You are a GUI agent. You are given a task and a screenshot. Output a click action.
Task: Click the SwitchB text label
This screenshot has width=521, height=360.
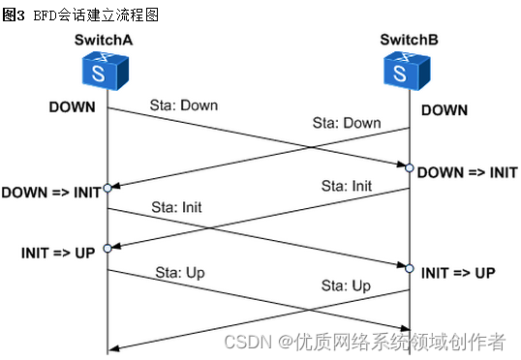pyautogui.click(x=409, y=42)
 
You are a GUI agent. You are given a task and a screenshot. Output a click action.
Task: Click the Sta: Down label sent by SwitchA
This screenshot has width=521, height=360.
pyautogui.click(x=184, y=105)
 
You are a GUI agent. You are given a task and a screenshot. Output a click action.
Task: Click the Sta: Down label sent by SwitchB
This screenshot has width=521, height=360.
pyautogui.click(x=346, y=123)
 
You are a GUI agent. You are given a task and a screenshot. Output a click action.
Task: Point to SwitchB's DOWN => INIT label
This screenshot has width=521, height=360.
pyautogui.click(x=467, y=172)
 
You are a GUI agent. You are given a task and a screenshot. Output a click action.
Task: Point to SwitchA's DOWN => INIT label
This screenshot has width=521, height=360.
pyautogui.click(x=50, y=192)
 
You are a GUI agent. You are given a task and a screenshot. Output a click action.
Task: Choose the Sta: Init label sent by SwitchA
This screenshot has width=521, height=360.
pyautogui.click(x=177, y=207)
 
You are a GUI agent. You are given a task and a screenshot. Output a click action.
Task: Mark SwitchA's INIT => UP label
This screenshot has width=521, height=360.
pyautogui.click(x=58, y=253)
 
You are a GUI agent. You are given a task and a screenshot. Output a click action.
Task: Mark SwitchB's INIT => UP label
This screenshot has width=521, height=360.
pyautogui.click(x=458, y=273)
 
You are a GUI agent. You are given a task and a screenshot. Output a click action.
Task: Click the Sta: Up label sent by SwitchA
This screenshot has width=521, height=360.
pyautogui.click(x=179, y=273)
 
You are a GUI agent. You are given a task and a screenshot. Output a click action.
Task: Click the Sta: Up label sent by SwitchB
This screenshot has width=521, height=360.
pyautogui.click(x=347, y=285)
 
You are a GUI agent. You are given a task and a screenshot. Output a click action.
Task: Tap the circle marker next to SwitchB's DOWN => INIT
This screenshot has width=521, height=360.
pyautogui.click(x=410, y=168)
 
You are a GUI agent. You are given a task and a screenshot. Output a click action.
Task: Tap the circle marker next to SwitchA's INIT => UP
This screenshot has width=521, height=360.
pyautogui.click(x=107, y=249)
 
